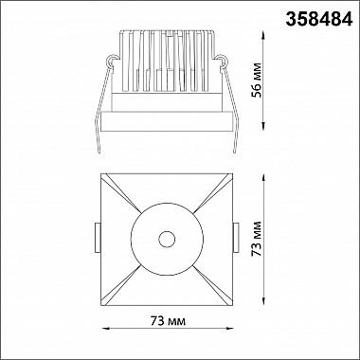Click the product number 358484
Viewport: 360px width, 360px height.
tap(319, 20)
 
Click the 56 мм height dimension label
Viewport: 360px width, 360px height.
tap(257, 81)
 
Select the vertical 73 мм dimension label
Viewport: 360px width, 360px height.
tap(257, 239)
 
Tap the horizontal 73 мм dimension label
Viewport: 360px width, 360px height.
tap(168, 321)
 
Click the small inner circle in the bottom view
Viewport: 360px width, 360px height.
tap(167, 239)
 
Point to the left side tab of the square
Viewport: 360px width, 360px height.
tap(98, 238)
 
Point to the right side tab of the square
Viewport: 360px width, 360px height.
tap(236, 238)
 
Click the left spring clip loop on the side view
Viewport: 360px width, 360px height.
tap(112, 61)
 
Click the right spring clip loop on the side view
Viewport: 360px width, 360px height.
tap(221, 61)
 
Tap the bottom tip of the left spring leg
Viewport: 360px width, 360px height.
tap(99, 153)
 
